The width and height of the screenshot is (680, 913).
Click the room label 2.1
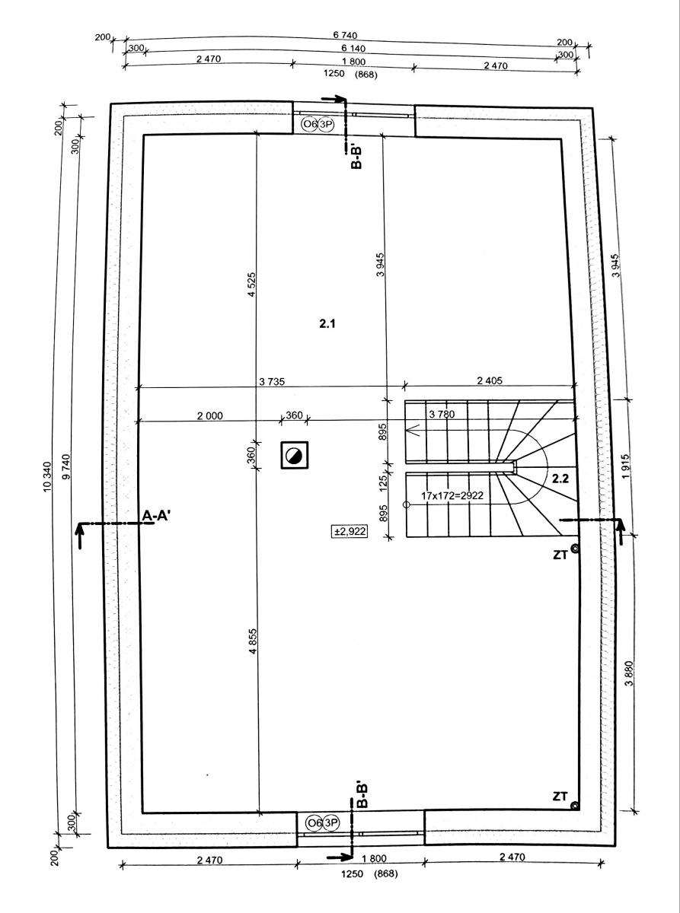click(x=327, y=324)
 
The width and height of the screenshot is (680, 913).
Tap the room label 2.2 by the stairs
click(x=560, y=479)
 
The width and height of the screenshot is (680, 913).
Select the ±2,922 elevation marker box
click(x=350, y=531)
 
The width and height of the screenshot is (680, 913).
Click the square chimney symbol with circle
click(x=295, y=455)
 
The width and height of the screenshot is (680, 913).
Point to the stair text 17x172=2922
click(x=452, y=495)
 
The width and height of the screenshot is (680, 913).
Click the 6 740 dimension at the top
click(x=345, y=36)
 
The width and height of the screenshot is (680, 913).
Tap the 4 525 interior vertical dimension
click(x=252, y=284)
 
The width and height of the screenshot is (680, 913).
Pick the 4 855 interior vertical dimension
click(x=253, y=641)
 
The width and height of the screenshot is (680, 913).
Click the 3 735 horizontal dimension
click(x=272, y=382)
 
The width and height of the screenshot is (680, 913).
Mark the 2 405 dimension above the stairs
click(x=490, y=380)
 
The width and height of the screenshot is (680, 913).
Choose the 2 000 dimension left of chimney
click(x=209, y=415)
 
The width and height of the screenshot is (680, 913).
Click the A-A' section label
click(x=156, y=515)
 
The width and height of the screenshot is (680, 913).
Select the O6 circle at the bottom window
click(x=314, y=823)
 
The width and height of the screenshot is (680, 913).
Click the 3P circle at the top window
click(x=325, y=125)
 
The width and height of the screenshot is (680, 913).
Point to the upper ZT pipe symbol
click(x=573, y=548)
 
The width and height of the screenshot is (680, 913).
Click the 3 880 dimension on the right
click(x=629, y=673)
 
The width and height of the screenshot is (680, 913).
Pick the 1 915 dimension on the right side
click(x=626, y=466)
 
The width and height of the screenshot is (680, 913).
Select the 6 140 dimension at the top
click(x=353, y=49)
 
